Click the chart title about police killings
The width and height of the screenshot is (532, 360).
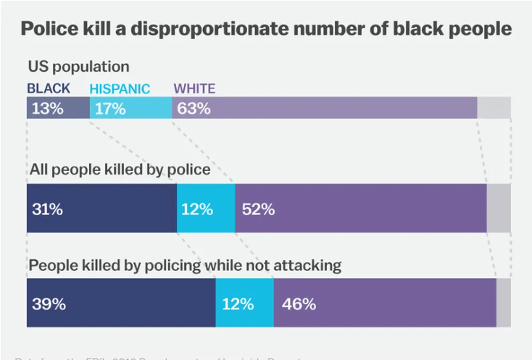click(266, 29)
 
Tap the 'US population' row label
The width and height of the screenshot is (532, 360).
click(78, 67)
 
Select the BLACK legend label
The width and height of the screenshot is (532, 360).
click(49, 88)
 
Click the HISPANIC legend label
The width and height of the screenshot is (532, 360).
click(120, 89)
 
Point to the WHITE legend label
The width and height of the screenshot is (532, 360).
click(194, 89)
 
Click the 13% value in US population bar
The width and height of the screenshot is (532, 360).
click(48, 109)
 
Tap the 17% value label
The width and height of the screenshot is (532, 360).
click(110, 109)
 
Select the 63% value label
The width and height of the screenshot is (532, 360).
click(194, 109)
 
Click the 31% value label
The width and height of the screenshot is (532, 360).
click(48, 209)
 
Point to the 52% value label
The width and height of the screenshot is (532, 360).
click(259, 209)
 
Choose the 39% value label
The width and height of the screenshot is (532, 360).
click(49, 304)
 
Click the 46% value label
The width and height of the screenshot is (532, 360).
click(299, 304)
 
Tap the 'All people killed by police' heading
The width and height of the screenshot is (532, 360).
click(120, 169)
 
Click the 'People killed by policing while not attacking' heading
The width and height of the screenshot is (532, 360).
click(185, 265)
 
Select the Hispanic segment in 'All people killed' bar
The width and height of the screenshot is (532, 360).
click(206, 209)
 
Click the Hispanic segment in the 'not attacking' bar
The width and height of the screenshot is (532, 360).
click(244, 304)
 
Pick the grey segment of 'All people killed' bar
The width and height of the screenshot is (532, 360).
click(499, 209)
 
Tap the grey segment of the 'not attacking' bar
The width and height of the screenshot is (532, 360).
click(503, 304)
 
